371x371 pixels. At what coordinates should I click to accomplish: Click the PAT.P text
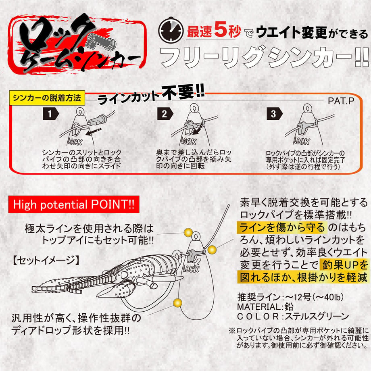pyautogui.click(x=341, y=101)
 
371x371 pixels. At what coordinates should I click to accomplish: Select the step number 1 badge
pyautogui.click(x=50, y=114)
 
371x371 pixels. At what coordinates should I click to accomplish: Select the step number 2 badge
pyautogui.click(x=165, y=114)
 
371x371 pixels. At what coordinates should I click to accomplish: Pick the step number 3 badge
pyautogui.click(x=274, y=114)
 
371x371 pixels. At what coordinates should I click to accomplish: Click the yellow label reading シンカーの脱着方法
pyautogui.click(x=47, y=98)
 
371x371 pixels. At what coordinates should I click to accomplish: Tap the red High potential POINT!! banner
pyautogui.click(x=73, y=204)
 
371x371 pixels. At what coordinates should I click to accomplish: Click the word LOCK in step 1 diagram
pyautogui.click(x=75, y=142)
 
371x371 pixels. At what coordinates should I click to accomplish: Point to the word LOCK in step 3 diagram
pyautogui.click(x=302, y=141)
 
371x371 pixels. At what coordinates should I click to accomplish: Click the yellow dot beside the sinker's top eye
pyautogui.click(x=188, y=233)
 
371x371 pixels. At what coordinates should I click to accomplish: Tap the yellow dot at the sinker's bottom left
pyautogui.click(x=177, y=302)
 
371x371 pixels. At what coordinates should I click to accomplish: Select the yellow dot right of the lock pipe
pyautogui.click(x=212, y=250)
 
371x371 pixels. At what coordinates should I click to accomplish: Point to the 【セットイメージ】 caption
pyautogui.click(x=46, y=260)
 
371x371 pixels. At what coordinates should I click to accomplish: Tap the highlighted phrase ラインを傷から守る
pyautogui.click(x=282, y=227)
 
